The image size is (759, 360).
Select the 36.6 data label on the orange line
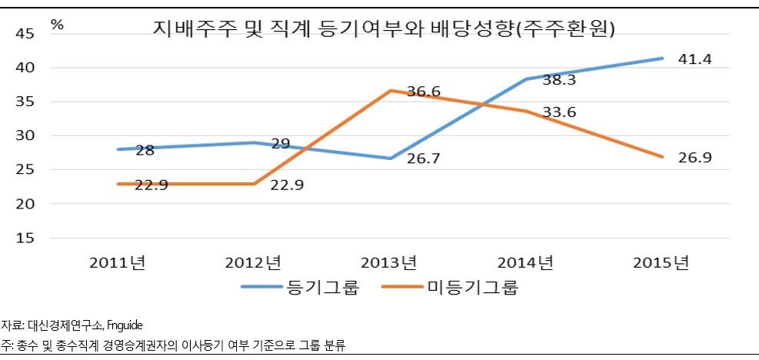[x=424, y=92]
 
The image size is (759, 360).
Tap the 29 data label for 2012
[x=280, y=145]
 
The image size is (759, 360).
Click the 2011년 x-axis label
[x=117, y=263]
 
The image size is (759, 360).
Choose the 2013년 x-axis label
[x=389, y=263]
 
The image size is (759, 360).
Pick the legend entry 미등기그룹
[x=473, y=288]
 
